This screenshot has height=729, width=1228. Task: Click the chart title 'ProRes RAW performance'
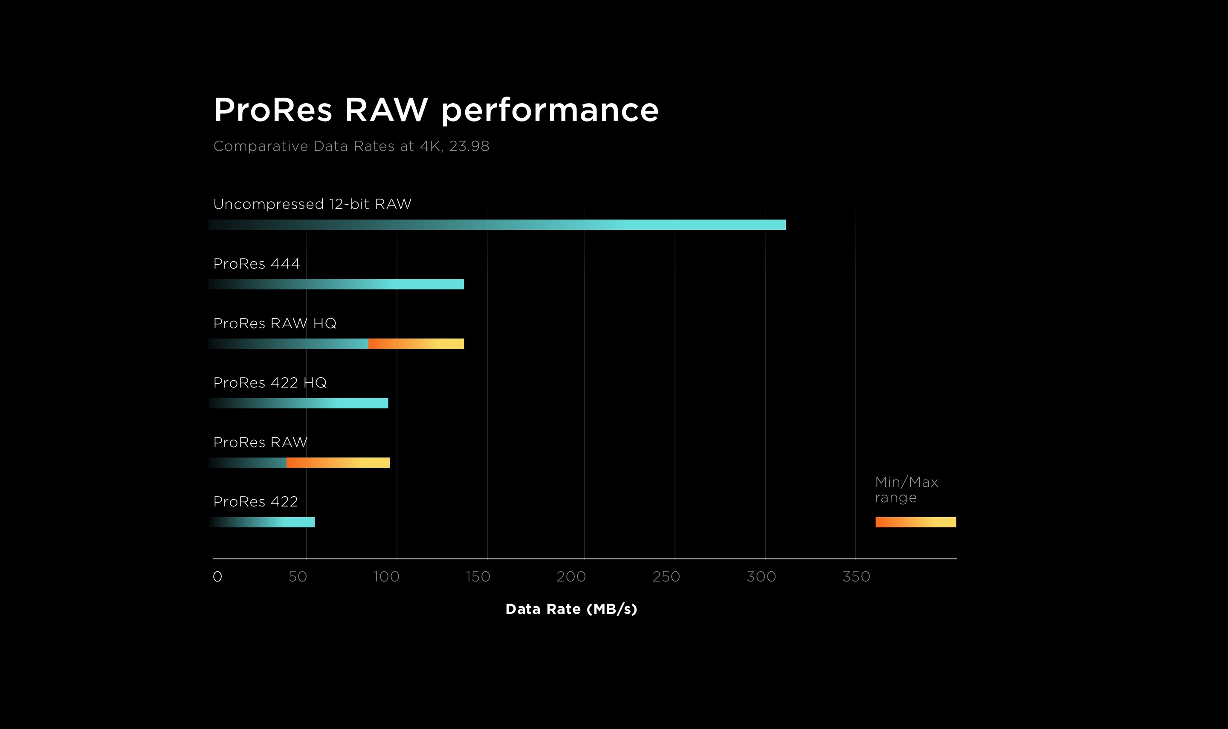[436, 110]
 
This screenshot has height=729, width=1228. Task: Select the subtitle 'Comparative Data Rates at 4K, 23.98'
[351, 146]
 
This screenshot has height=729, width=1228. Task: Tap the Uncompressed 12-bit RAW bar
[497, 225]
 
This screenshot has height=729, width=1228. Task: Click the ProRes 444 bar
[336, 284]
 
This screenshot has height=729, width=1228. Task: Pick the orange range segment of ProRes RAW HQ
[416, 344]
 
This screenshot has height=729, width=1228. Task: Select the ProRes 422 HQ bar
[298, 403]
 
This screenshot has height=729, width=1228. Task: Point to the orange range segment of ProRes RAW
[338, 463]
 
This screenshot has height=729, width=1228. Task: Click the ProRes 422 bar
[261, 522]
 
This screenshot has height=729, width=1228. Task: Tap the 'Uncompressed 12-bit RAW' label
[313, 204]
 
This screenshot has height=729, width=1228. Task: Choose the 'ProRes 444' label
[256, 264]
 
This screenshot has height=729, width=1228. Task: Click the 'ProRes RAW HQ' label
[275, 323]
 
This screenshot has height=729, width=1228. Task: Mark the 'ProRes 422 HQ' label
[269, 383]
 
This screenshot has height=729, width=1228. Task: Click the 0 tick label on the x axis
[217, 577]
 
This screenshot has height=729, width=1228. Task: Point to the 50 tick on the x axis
[298, 577]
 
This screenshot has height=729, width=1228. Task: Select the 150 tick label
[478, 577]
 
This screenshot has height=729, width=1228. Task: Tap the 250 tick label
[666, 577]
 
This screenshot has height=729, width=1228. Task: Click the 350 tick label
[856, 577]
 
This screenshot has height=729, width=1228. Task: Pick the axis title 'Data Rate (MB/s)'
[571, 609]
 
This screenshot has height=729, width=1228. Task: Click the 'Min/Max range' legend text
[906, 490]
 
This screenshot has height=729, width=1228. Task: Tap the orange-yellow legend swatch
[915, 522]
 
